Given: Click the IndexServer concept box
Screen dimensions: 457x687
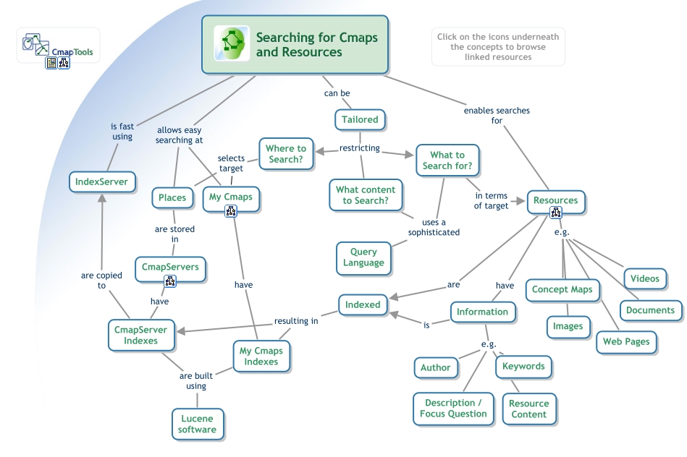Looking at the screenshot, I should click(x=102, y=181).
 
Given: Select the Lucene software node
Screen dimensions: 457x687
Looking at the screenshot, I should click(x=198, y=424).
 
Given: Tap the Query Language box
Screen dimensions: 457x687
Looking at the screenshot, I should click(x=363, y=257).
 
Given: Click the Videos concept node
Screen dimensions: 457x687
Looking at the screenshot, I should click(x=644, y=278).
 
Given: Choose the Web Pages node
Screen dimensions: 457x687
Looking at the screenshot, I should click(x=626, y=341).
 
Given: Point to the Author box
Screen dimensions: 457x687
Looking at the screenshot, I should click(x=436, y=367).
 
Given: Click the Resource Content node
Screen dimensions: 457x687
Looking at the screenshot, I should click(x=528, y=409).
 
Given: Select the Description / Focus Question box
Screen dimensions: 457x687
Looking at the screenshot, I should click(x=453, y=409).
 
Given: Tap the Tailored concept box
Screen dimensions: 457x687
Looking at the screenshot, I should click(x=360, y=119).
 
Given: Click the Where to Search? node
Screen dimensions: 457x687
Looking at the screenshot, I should click(x=286, y=153).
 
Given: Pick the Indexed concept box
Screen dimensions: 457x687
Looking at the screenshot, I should click(x=363, y=304).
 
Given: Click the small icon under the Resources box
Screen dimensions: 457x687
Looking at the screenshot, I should click(x=555, y=213).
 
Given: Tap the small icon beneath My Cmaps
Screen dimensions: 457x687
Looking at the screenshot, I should click(x=231, y=211).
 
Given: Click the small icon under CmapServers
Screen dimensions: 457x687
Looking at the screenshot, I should click(x=170, y=281).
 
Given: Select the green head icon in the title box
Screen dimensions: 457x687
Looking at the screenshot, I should click(x=232, y=43).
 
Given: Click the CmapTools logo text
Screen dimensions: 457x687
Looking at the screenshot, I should click(x=72, y=52).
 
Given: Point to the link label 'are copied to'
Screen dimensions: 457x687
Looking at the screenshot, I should click(x=101, y=281).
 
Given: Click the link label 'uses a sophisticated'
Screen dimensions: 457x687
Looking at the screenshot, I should click(x=434, y=227).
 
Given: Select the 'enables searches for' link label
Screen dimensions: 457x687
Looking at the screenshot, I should click(x=497, y=116).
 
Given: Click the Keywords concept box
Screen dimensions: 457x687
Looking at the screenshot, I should click(x=523, y=366).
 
